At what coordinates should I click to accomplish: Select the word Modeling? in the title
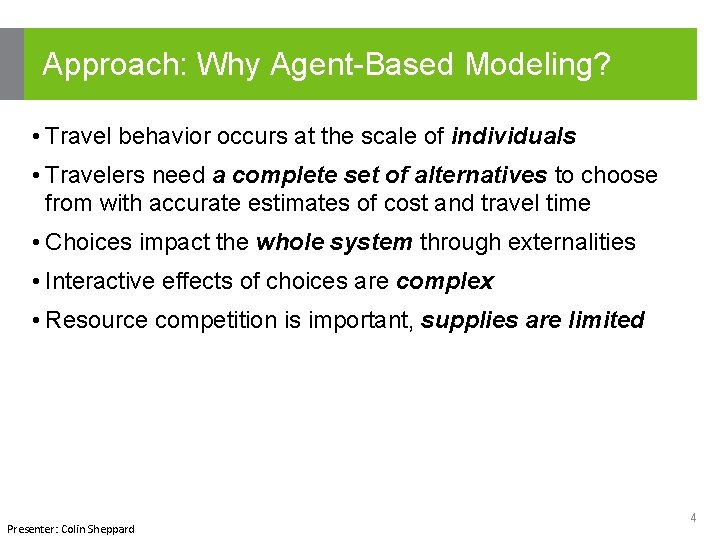[538, 65]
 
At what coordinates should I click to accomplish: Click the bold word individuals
[514, 136]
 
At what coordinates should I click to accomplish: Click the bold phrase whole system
[334, 243]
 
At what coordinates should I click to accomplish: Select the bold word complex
[445, 282]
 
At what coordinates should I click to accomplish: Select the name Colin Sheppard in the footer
[98, 529]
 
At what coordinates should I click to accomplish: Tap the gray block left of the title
[11, 64]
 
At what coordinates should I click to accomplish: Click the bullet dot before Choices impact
[35, 243]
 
